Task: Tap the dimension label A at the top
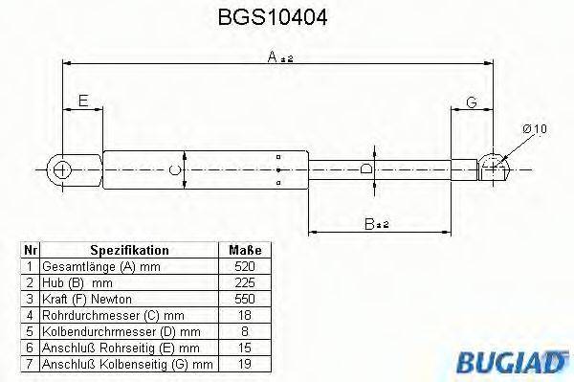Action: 279,59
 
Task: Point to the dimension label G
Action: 472,102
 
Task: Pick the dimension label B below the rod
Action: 374,224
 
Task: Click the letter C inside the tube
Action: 173,171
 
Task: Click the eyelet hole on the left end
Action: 62,170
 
